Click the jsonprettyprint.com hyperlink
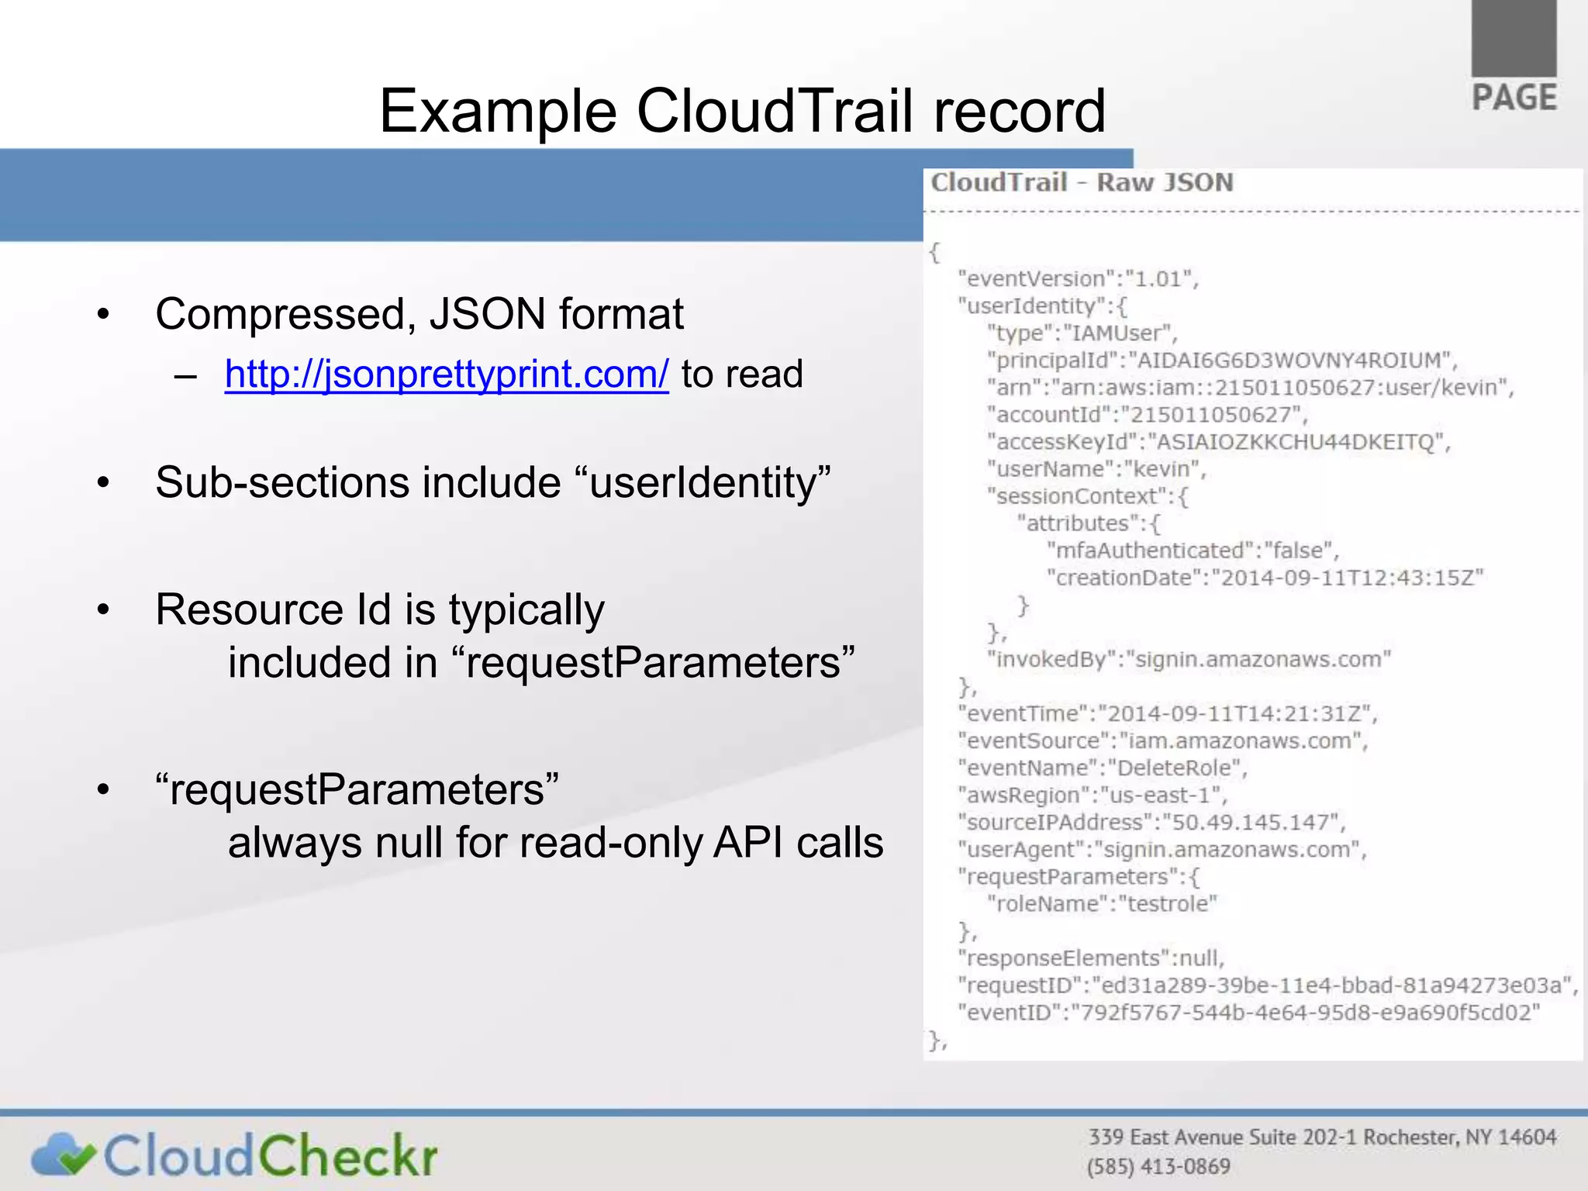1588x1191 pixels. click(447, 375)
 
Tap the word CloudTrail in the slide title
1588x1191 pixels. click(775, 111)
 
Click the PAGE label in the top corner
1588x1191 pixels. click(1514, 98)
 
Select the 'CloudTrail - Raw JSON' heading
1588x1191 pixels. click(1082, 183)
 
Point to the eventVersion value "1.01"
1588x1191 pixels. click(1160, 279)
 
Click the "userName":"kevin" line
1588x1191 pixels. click(1096, 469)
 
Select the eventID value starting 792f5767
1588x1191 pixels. click(1303, 1013)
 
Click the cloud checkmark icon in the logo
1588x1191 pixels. click(63, 1155)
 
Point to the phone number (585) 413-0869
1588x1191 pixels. click(1158, 1166)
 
